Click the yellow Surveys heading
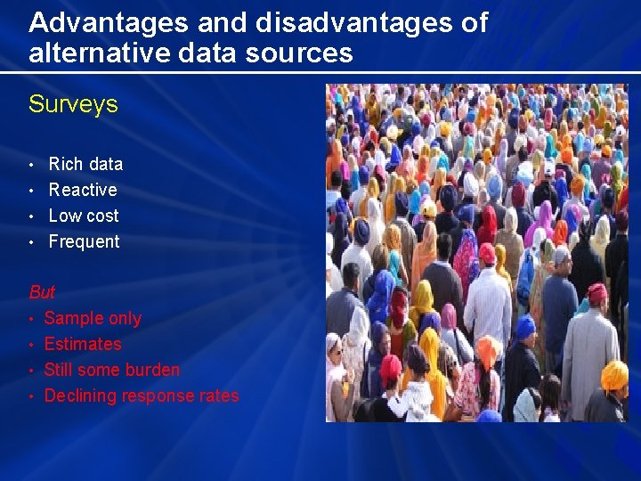(x=73, y=104)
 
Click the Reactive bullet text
(x=83, y=190)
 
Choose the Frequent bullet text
(x=84, y=241)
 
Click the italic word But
(x=42, y=292)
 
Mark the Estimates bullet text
(x=83, y=344)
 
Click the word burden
(x=150, y=370)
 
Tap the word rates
(x=220, y=395)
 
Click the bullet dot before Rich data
(x=32, y=165)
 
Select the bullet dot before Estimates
(x=32, y=345)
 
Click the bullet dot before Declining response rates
(x=32, y=396)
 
